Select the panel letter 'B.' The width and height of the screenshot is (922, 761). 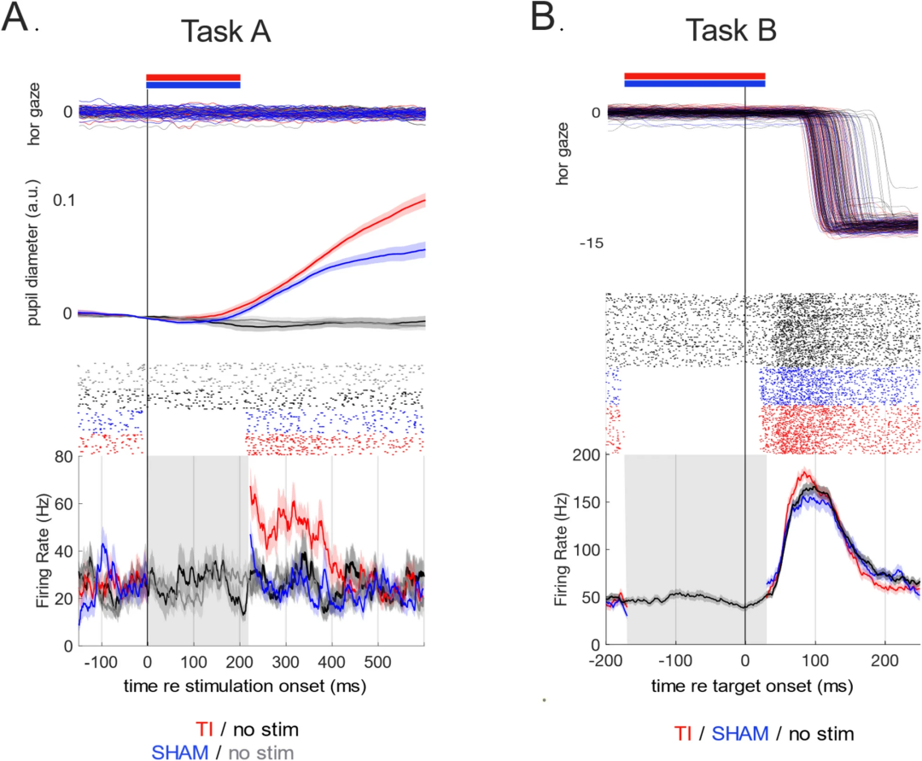(546, 19)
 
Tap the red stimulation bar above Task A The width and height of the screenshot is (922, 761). (193, 77)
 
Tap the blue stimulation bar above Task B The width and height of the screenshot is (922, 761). (694, 84)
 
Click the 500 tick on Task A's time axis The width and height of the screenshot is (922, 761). (378, 661)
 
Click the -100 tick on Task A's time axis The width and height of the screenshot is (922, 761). (99, 661)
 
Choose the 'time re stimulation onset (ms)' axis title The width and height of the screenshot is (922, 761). (251, 686)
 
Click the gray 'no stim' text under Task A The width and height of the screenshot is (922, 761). (261, 752)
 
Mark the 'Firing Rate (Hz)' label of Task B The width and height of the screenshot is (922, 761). (561, 550)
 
